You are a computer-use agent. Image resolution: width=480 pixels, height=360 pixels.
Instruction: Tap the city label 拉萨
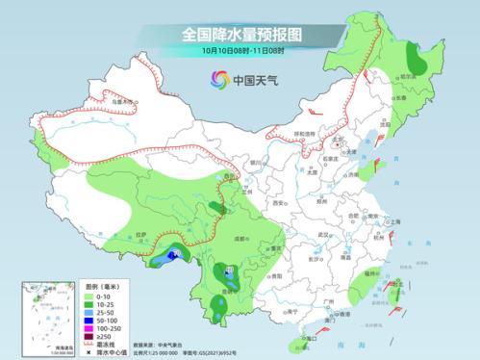[x=141, y=234]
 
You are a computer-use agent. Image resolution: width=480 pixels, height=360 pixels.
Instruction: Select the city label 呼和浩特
[x=303, y=135]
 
